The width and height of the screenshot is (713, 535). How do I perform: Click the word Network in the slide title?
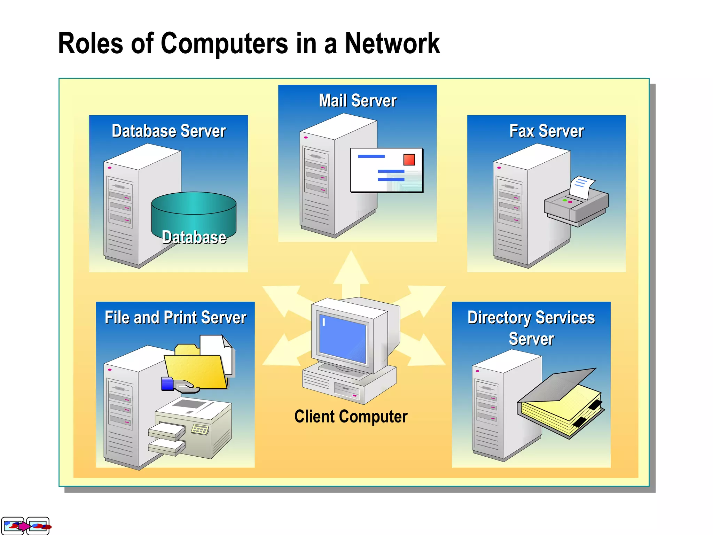coord(392,44)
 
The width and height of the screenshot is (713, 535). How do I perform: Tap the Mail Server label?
coord(358,101)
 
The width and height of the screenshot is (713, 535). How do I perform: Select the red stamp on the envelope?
coord(409,160)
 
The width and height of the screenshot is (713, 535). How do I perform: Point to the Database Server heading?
coord(169,131)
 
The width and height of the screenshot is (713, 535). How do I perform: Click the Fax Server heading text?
coord(546,131)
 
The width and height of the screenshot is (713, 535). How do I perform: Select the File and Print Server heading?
coord(175,317)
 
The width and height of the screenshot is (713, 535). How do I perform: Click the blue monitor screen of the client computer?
coord(343,340)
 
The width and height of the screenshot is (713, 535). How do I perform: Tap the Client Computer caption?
coord(351,417)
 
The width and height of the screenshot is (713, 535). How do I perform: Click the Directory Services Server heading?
coord(531,327)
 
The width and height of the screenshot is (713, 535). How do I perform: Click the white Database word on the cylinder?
coord(194,237)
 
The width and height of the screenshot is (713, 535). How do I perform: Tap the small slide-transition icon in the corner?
coord(25,526)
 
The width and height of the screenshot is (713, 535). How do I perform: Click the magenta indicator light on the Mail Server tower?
coord(306,138)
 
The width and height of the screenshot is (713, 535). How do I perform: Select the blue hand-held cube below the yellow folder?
coord(167,384)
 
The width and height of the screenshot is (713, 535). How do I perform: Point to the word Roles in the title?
coord(91,44)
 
